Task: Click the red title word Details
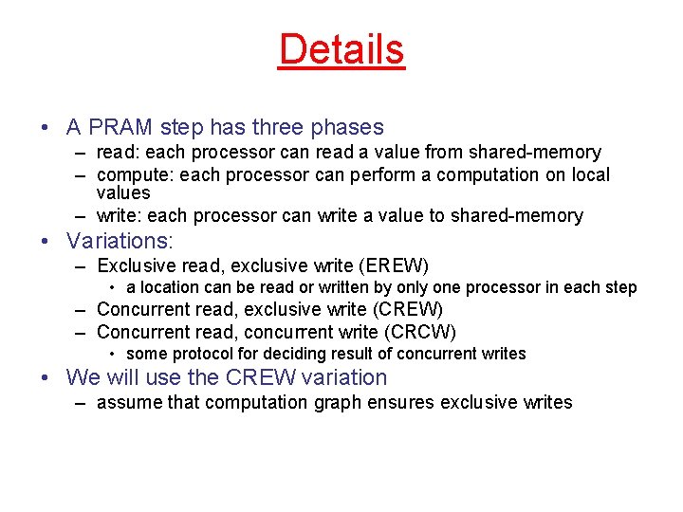pos(341,49)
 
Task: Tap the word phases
pos(350,127)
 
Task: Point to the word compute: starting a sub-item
pos(133,175)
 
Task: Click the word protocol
pos(194,354)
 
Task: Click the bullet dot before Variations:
pos(46,242)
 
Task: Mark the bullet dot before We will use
pos(46,378)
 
